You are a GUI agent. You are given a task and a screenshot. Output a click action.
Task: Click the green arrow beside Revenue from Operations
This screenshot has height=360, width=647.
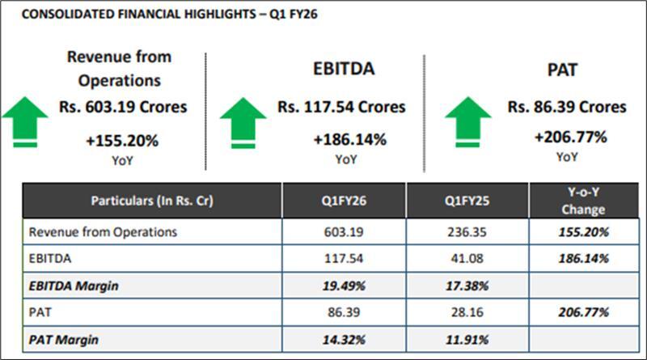[25, 121]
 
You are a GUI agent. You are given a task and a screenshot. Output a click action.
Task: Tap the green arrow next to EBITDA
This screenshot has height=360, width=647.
[243, 121]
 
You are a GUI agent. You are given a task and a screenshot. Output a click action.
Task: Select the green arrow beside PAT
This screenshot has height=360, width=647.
[467, 121]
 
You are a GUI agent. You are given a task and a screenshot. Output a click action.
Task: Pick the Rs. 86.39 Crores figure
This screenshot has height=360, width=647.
[567, 107]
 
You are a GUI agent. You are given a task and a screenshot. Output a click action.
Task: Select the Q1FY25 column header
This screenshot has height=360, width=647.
[467, 201]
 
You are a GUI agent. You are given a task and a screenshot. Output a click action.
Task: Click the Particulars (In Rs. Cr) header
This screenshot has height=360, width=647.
[152, 201]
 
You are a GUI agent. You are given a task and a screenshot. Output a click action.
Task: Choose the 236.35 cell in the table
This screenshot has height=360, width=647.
[467, 231]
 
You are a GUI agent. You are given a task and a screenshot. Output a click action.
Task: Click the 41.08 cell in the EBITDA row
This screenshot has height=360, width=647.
[467, 258]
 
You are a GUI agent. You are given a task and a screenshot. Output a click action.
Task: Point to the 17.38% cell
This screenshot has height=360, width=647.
[467, 285]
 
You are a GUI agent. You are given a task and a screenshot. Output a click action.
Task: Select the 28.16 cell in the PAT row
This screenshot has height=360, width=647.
[467, 312]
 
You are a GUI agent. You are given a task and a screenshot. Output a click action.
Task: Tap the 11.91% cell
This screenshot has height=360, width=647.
[467, 339]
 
